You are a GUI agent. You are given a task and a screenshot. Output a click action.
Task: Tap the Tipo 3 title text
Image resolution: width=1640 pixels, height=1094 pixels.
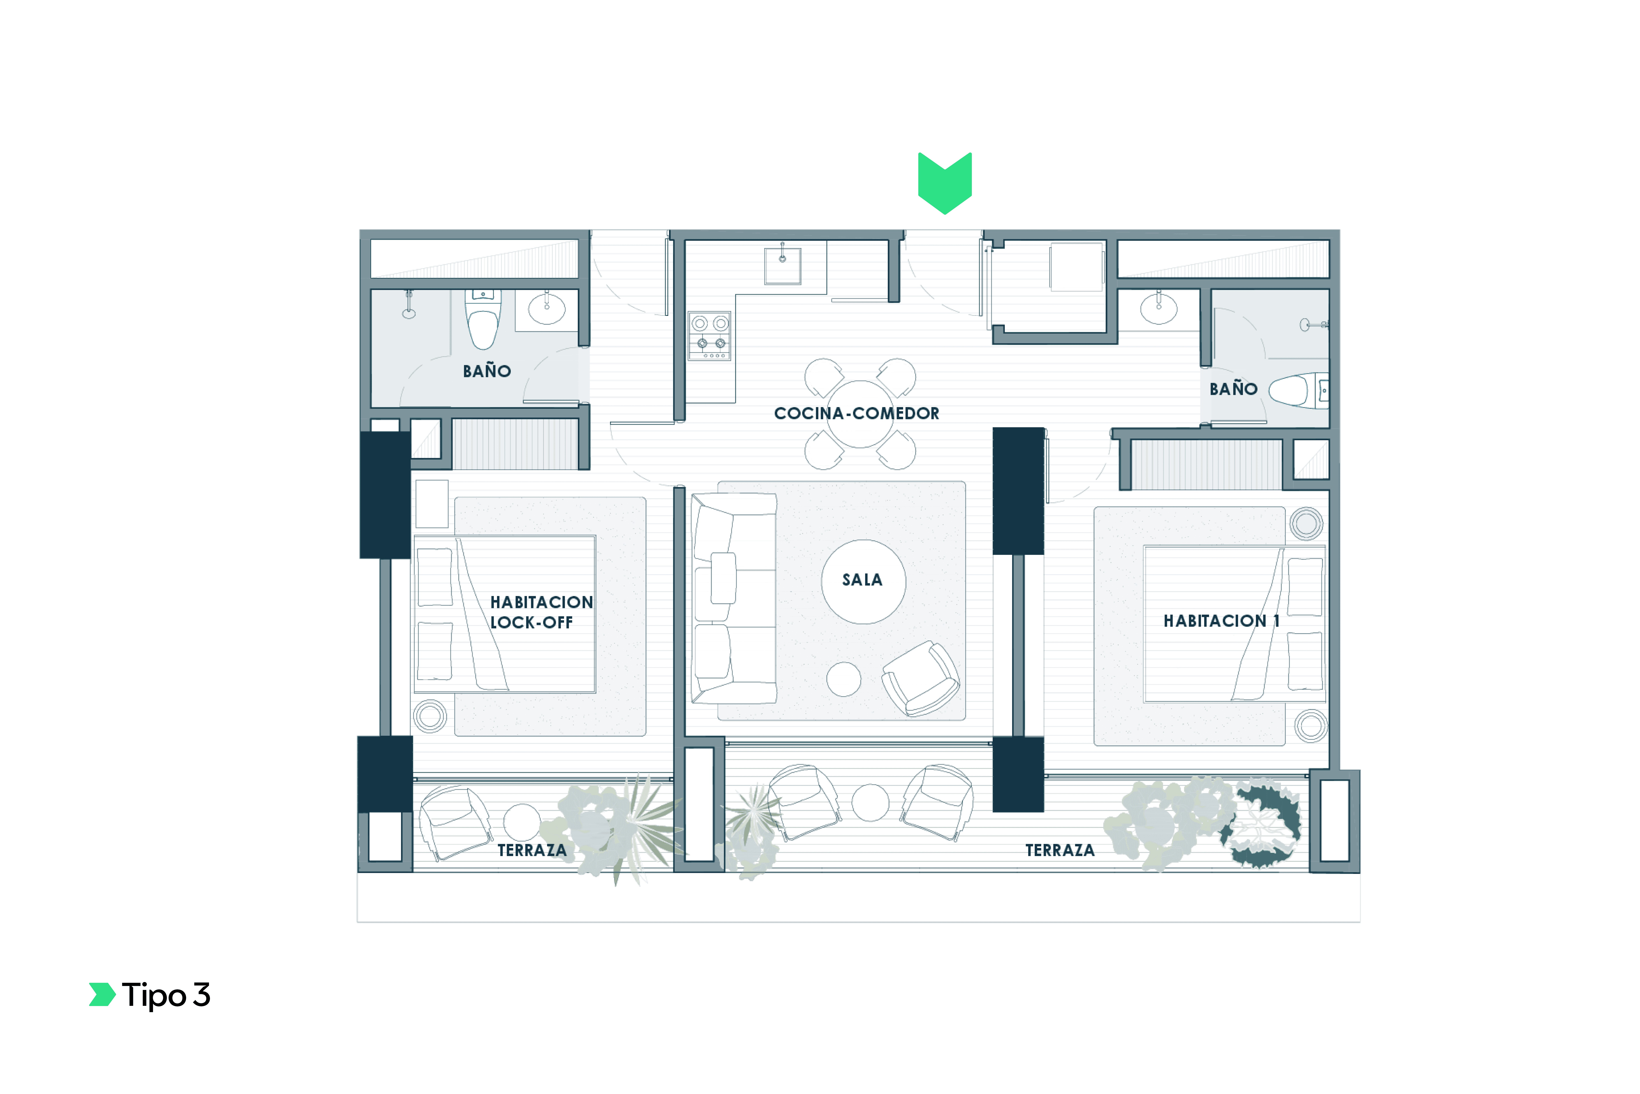(166, 995)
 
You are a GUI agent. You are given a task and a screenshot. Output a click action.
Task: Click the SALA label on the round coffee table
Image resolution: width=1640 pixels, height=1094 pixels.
(863, 580)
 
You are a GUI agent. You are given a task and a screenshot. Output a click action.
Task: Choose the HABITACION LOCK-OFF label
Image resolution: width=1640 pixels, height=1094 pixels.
(541, 612)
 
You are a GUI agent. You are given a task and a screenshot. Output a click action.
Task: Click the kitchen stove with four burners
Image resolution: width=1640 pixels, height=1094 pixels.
(710, 336)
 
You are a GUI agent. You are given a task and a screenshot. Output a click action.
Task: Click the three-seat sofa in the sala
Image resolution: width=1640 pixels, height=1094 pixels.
(734, 598)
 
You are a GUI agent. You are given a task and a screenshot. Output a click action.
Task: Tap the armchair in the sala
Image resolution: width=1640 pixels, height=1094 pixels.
(920, 678)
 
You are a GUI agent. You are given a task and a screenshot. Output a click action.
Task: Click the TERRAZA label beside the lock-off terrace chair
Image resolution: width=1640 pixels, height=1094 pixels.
(532, 850)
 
